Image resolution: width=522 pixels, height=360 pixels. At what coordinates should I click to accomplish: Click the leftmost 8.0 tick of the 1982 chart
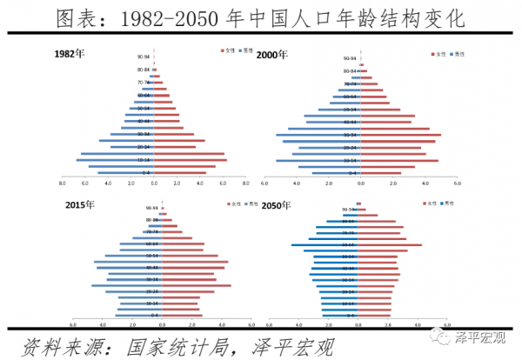point(63,183)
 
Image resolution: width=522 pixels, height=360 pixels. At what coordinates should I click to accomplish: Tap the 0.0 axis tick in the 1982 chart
point(154,183)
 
